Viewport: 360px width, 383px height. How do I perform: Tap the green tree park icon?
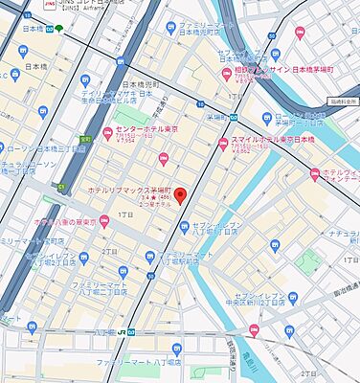pos(59,29)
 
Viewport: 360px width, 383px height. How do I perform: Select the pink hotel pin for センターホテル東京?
pos(106,131)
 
